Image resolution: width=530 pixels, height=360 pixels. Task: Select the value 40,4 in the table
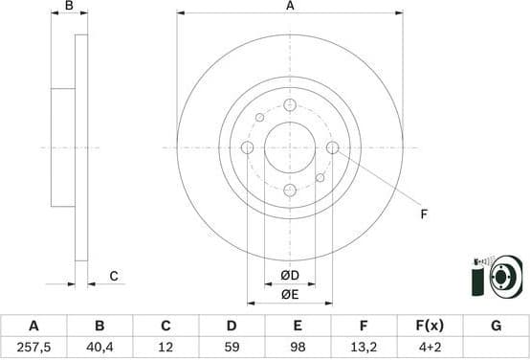click(99, 347)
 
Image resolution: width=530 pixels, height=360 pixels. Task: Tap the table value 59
click(231, 347)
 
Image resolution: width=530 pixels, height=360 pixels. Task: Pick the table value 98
click(298, 347)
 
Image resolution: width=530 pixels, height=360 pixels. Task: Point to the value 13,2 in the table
click(364, 347)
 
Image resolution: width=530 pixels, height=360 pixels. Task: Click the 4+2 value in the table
click(430, 347)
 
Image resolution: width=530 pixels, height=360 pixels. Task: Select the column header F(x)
click(430, 326)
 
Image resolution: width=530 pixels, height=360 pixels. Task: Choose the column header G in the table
click(496, 326)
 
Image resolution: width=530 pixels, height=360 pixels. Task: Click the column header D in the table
click(231, 326)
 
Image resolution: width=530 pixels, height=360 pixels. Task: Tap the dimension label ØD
click(290, 277)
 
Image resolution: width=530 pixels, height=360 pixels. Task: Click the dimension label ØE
click(290, 295)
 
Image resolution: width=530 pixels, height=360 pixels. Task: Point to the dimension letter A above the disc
click(290, 8)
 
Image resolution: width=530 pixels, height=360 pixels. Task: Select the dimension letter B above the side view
click(68, 8)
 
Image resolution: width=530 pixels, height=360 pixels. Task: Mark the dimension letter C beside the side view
click(113, 277)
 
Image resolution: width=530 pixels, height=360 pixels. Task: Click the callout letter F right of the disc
click(423, 214)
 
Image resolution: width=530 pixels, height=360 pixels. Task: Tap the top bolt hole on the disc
click(290, 104)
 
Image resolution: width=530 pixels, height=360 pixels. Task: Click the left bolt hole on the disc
click(247, 147)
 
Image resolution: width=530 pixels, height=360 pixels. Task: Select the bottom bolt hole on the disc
click(290, 190)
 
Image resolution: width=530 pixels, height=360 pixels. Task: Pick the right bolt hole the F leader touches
click(333, 147)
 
